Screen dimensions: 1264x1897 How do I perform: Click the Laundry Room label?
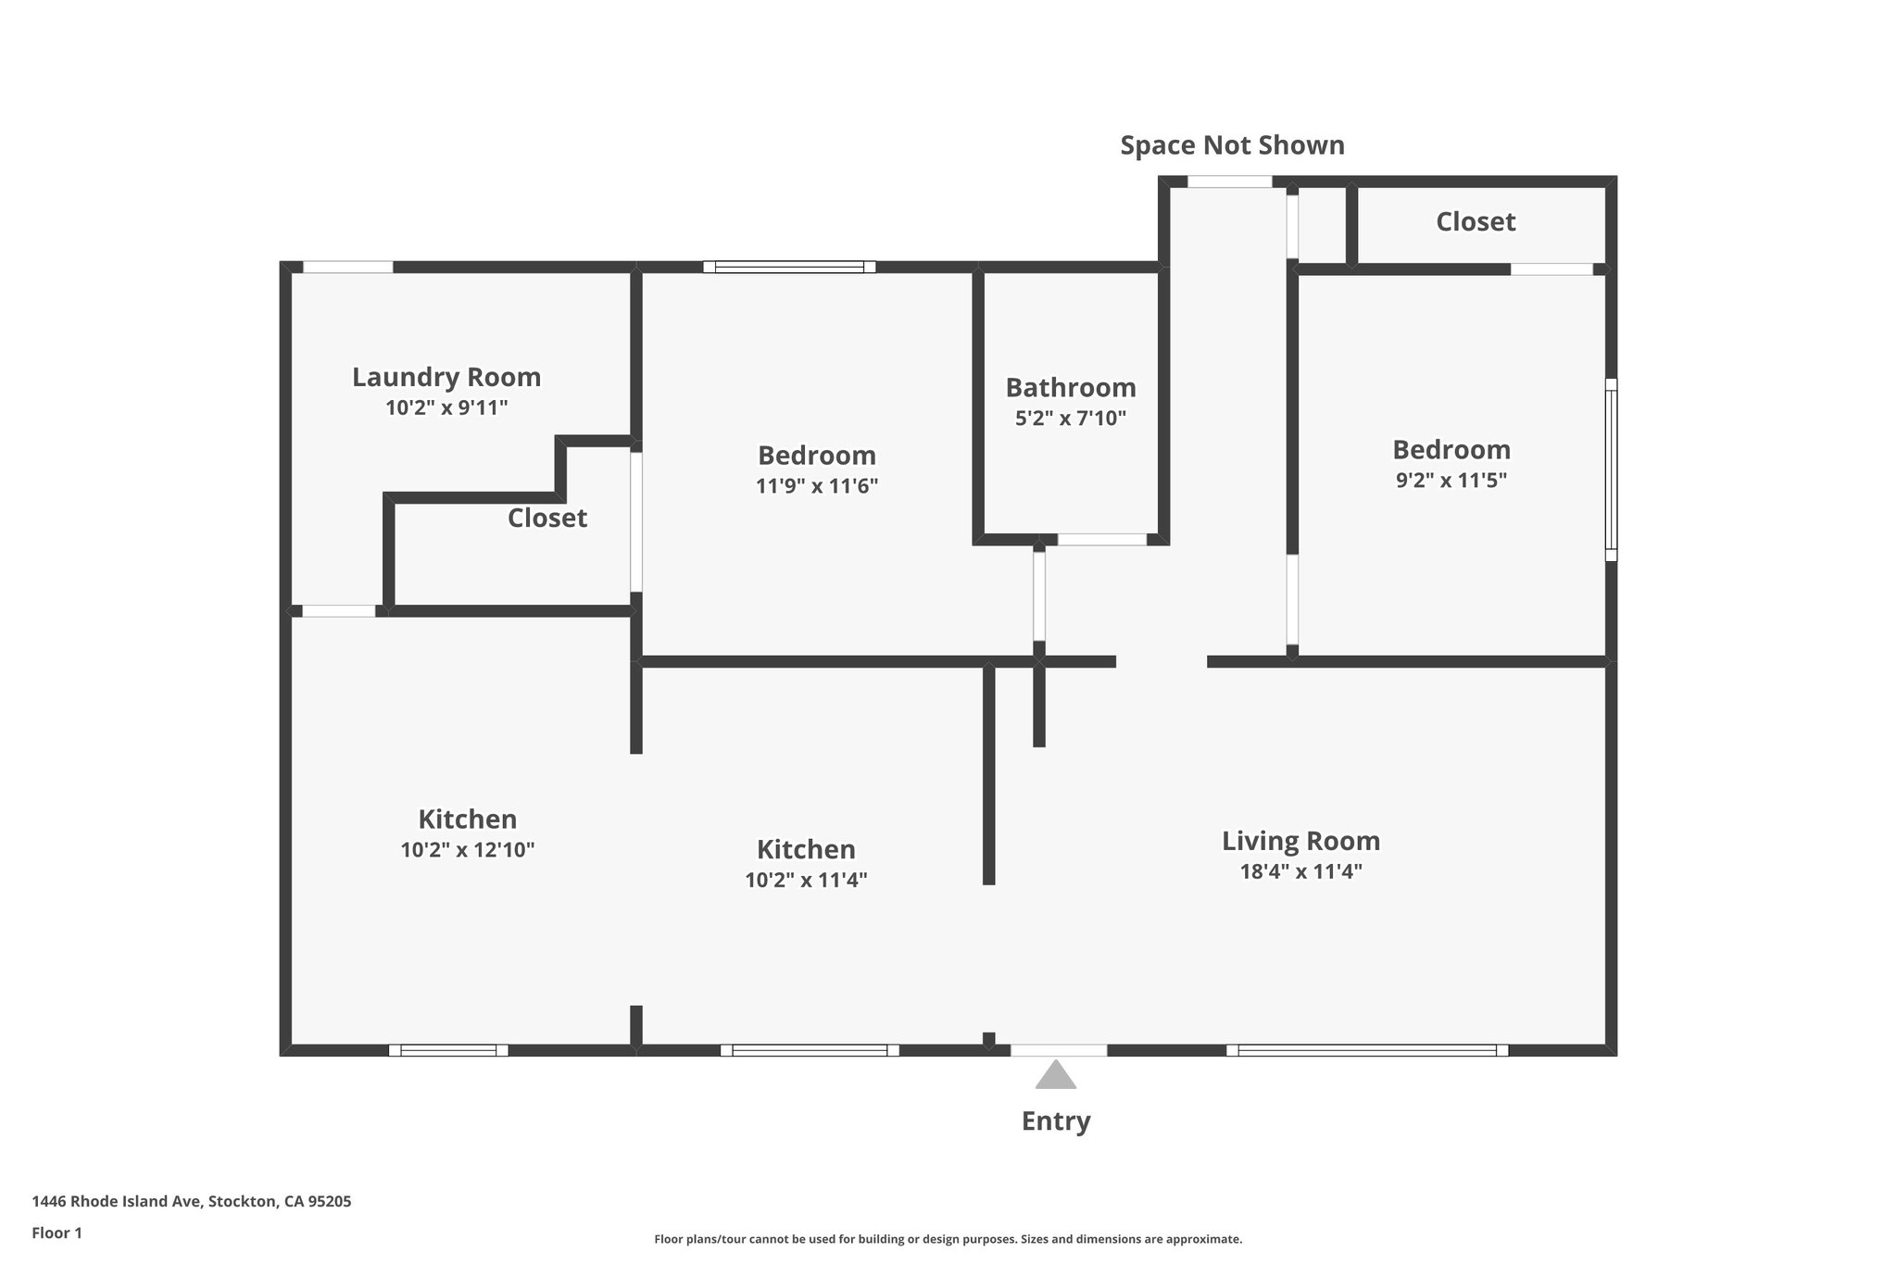446,377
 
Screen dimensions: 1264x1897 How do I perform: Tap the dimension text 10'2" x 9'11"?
446,407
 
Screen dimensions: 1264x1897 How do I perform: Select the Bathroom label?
1071,387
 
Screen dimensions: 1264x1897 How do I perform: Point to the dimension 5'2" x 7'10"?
1071,418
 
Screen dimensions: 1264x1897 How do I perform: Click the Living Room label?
1300,841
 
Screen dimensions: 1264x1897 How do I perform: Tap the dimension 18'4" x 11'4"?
1300,871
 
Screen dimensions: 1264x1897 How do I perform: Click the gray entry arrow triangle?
1055,1076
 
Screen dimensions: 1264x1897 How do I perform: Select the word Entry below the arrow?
1055,1121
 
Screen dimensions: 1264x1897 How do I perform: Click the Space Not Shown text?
1232,145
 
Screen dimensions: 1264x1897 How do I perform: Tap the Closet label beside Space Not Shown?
1476,221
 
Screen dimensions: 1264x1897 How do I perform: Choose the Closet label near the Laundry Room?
546,518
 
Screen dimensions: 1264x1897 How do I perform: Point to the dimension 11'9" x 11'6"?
816,486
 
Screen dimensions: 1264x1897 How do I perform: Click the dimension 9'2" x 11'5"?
1451,481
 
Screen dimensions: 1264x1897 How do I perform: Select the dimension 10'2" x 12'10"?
467,850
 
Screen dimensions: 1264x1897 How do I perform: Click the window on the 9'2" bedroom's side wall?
1611,469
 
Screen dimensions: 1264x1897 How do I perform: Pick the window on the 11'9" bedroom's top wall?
789,267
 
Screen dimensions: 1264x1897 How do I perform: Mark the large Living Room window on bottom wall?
1367,1050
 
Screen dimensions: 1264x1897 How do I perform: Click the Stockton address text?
192,1202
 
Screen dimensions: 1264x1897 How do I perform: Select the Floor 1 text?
57,1233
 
